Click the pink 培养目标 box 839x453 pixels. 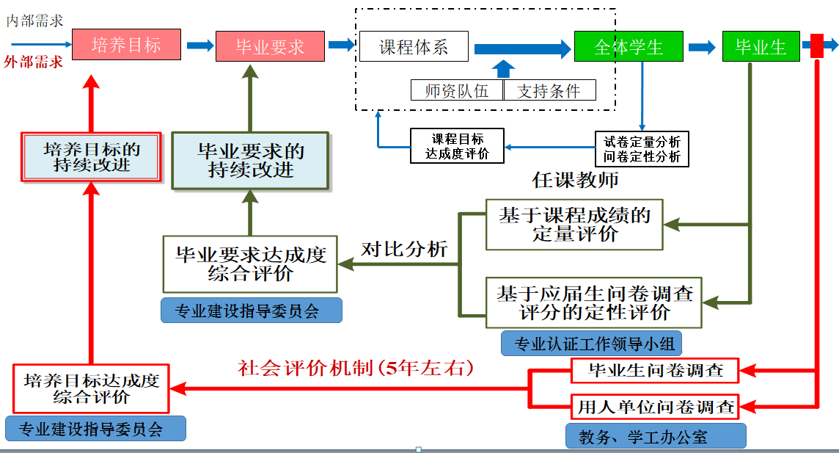pyautogui.click(x=126, y=46)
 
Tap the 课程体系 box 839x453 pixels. pyautogui.click(x=413, y=47)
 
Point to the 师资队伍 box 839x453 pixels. pyautogui.click(x=456, y=90)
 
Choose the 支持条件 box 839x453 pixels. pyautogui.click(x=549, y=90)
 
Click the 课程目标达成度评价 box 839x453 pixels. pyautogui.click(x=457, y=146)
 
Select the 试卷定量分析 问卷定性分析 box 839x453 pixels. pyautogui.click(x=642, y=148)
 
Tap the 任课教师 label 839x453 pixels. pyautogui.click(x=575, y=180)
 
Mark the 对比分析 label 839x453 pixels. pyautogui.click(x=404, y=249)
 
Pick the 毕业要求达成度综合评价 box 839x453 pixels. pyautogui.click(x=250, y=264)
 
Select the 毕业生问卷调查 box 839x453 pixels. pyautogui.click(x=655, y=371)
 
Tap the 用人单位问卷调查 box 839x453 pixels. pyautogui.click(x=655, y=405)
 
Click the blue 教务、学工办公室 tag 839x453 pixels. pyautogui.click(x=656, y=437)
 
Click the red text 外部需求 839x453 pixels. pyautogui.click(x=33, y=62)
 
